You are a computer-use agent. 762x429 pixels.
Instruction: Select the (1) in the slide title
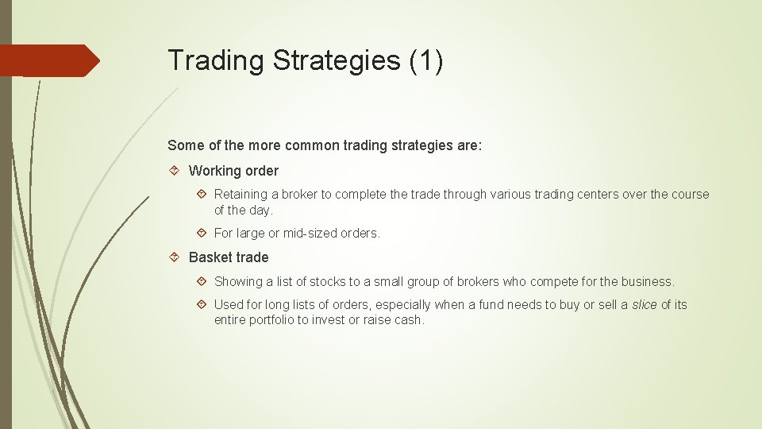(x=426, y=61)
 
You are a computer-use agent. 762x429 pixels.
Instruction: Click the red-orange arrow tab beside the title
(x=49, y=60)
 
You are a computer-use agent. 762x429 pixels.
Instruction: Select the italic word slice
(x=644, y=305)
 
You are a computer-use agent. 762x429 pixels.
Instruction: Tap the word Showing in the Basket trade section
(x=238, y=281)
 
